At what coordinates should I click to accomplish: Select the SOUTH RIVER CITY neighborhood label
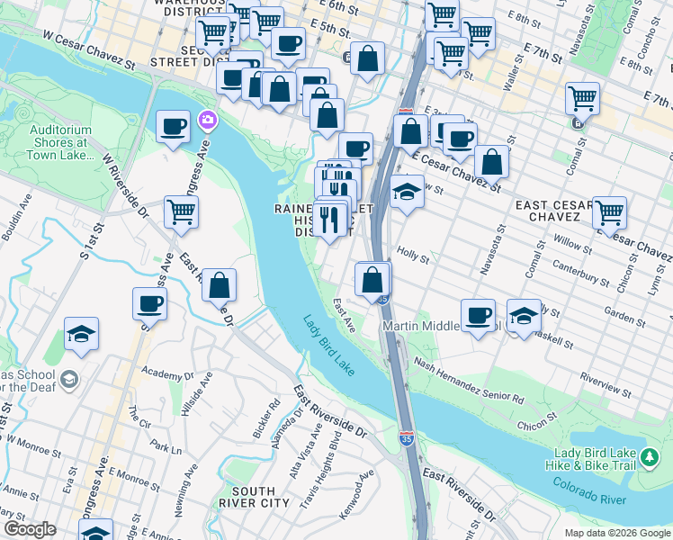[x=240, y=497]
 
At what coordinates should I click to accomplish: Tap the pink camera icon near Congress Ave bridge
[x=208, y=120]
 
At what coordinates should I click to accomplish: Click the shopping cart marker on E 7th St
[x=582, y=98]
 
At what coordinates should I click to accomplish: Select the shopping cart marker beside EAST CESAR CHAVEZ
[x=609, y=213]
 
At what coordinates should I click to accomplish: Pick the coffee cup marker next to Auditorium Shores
[x=172, y=127]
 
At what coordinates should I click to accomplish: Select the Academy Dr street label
[x=161, y=372]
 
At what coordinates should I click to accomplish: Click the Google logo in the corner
[x=30, y=529]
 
